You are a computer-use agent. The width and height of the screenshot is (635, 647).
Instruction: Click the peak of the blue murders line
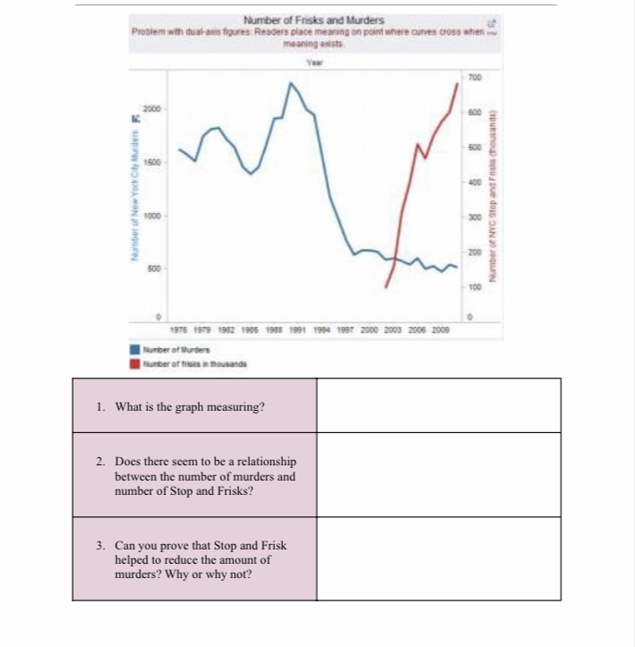(x=290, y=83)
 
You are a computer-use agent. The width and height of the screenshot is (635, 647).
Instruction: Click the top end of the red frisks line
(x=458, y=82)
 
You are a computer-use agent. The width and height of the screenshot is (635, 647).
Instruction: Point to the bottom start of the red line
(x=386, y=287)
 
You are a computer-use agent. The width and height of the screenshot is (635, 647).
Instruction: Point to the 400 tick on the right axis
(x=475, y=182)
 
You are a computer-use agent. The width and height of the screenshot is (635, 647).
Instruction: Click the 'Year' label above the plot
(x=313, y=62)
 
